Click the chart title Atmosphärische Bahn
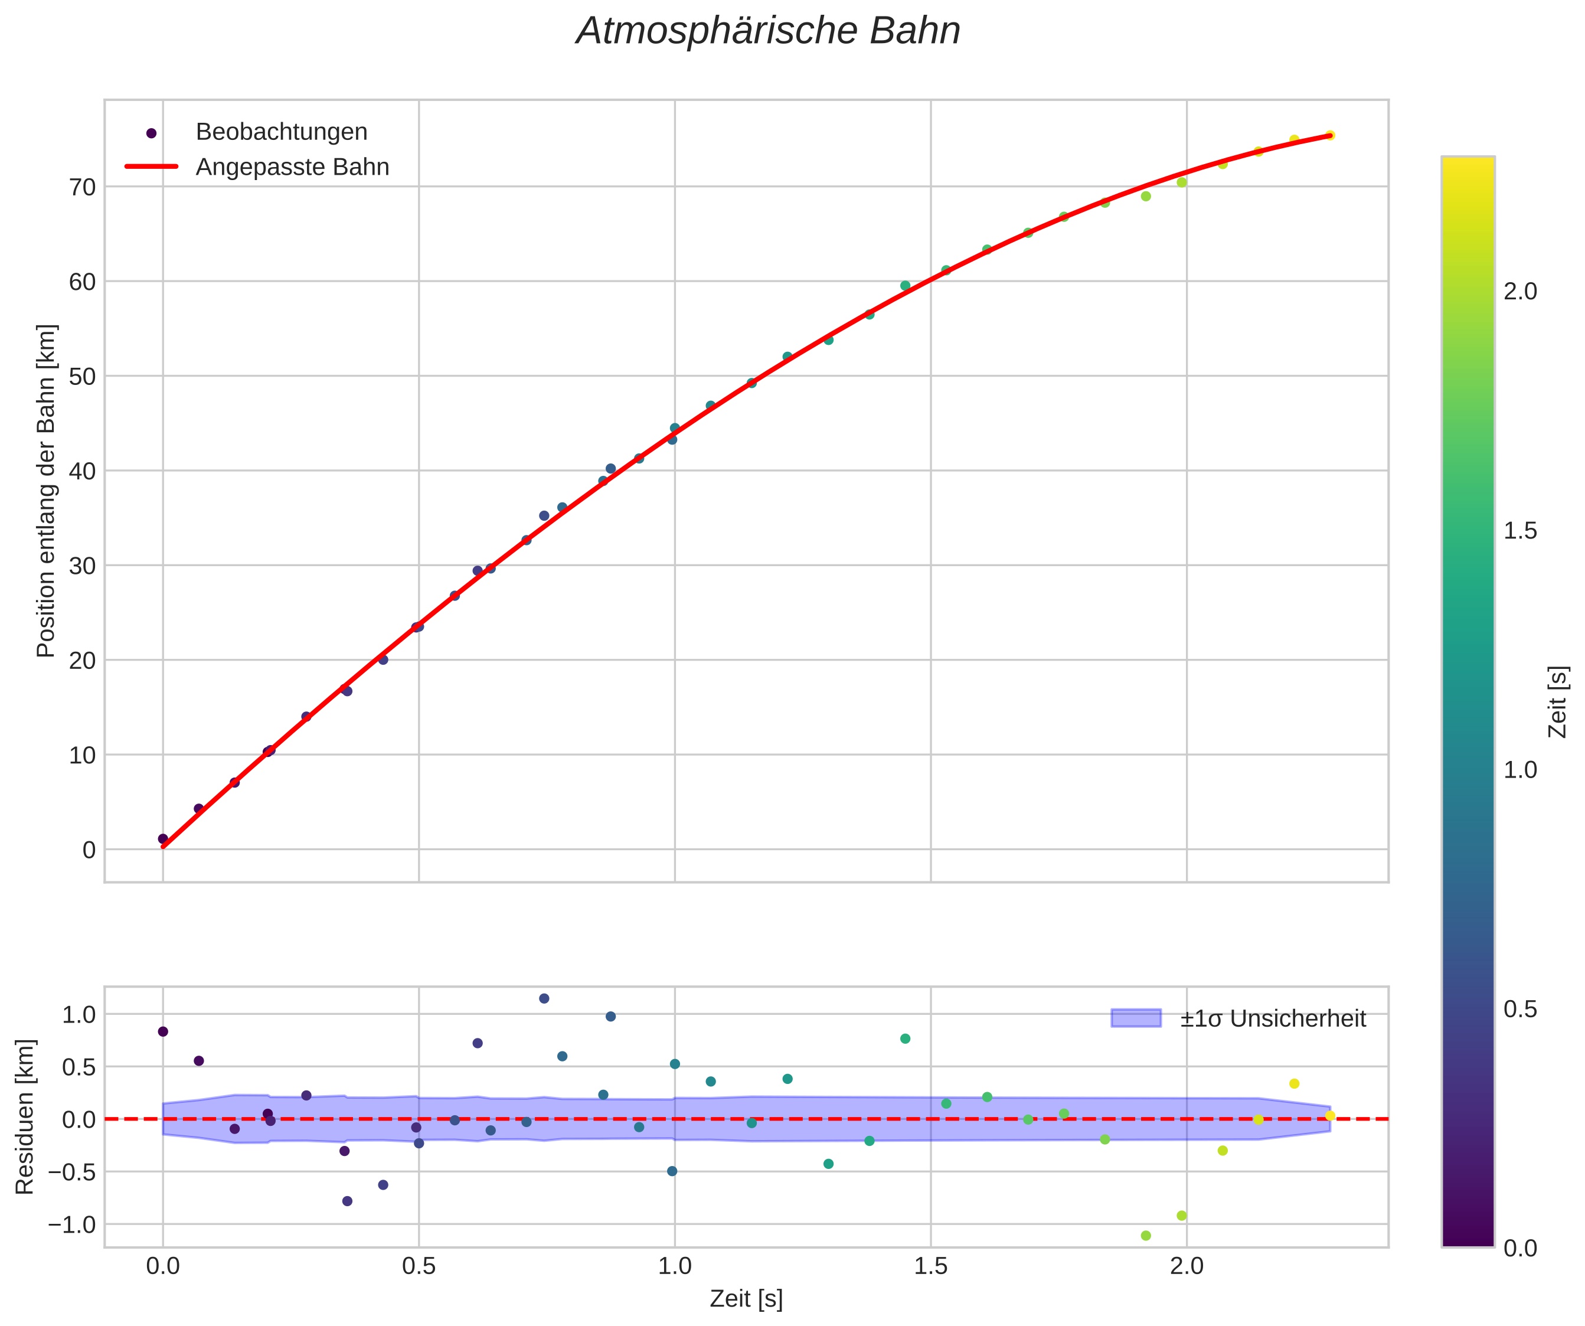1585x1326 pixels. click(x=767, y=32)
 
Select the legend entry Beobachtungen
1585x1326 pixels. click(x=281, y=132)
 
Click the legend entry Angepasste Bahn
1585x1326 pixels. click(x=292, y=167)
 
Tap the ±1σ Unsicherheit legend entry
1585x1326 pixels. click(x=1273, y=1019)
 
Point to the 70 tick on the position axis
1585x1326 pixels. click(x=83, y=187)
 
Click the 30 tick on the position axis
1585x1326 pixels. click(x=83, y=566)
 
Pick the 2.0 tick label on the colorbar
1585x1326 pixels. click(x=1520, y=292)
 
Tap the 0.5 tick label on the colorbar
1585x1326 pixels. click(x=1520, y=1009)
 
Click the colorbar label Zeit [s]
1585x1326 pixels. click(x=1558, y=702)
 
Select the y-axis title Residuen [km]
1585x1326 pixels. click(x=25, y=1117)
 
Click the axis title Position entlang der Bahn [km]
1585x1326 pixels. click(x=47, y=491)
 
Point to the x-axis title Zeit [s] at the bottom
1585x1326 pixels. click(x=746, y=1299)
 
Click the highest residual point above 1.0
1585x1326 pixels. click(x=544, y=998)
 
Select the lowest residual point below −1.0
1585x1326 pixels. click(x=1146, y=1236)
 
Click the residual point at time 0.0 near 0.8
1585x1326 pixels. click(x=163, y=1031)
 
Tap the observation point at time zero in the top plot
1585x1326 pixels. click(x=163, y=838)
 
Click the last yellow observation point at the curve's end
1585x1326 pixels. click(x=1330, y=136)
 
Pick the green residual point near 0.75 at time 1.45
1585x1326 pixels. click(x=905, y=1038)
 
